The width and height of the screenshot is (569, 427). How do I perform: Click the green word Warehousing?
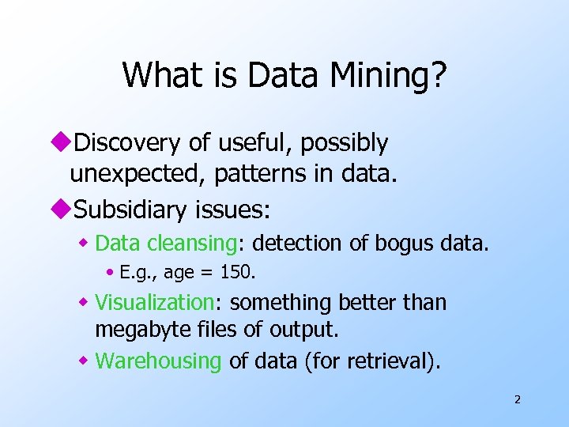point(158,361)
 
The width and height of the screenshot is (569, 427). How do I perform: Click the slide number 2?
point(518,399)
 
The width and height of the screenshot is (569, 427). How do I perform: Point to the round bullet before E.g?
point(111,274)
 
